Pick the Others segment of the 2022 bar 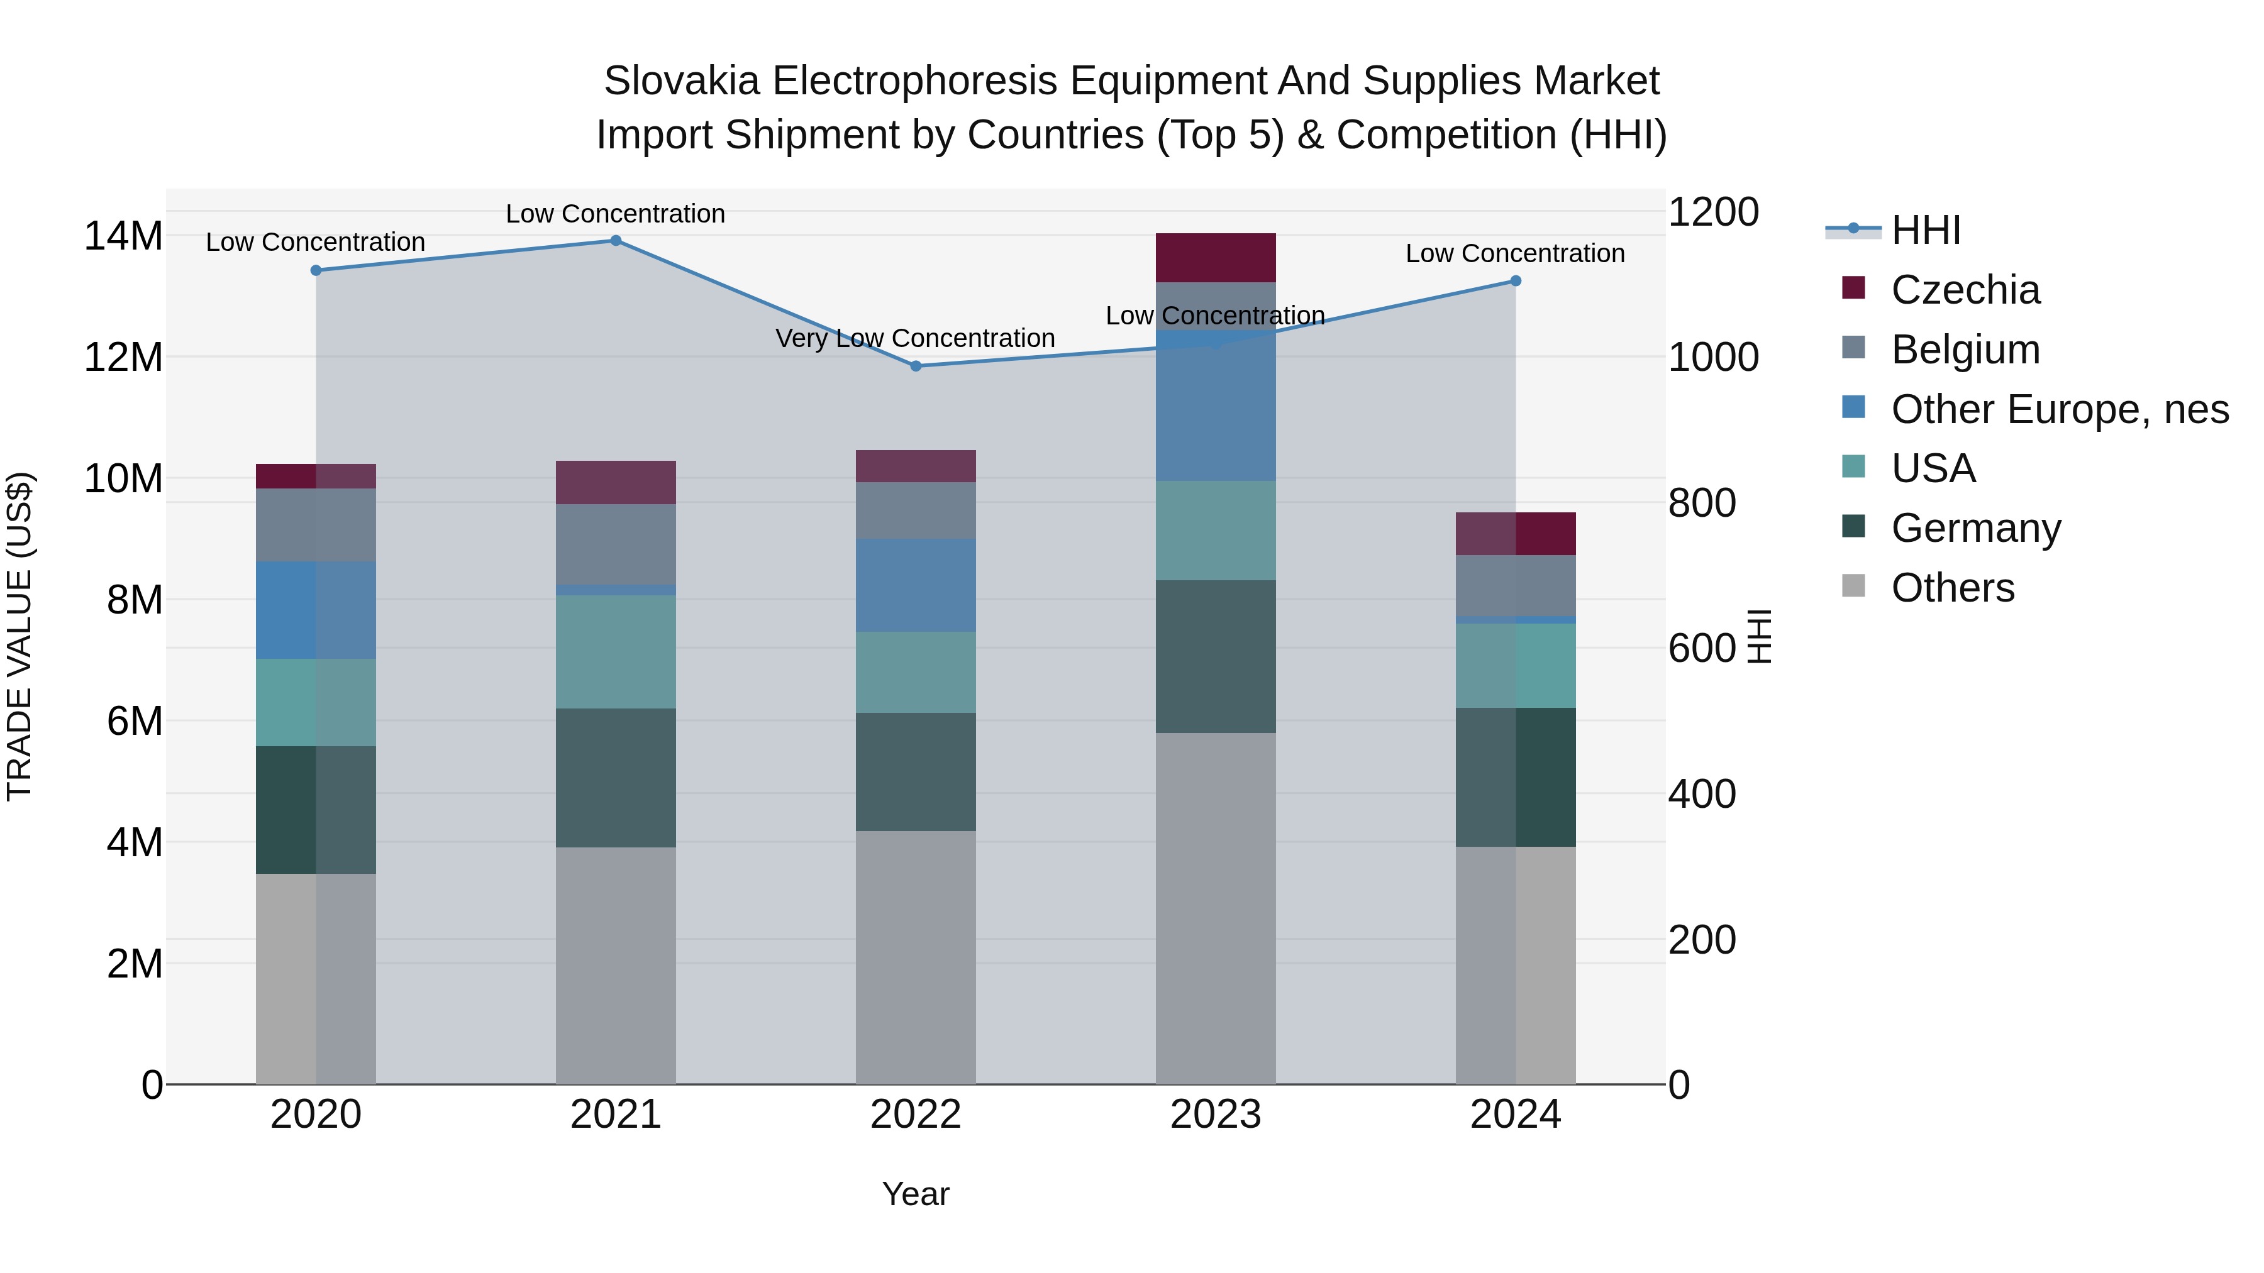click(916, 957)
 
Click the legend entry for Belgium click(1965, 350)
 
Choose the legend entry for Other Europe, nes click(2059, 409)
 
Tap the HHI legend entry click(1925, 230)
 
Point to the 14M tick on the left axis click(123, 236)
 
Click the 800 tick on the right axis click(1702, 504)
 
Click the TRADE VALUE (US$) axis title click(19, 636)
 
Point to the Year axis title click(915, 1194)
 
